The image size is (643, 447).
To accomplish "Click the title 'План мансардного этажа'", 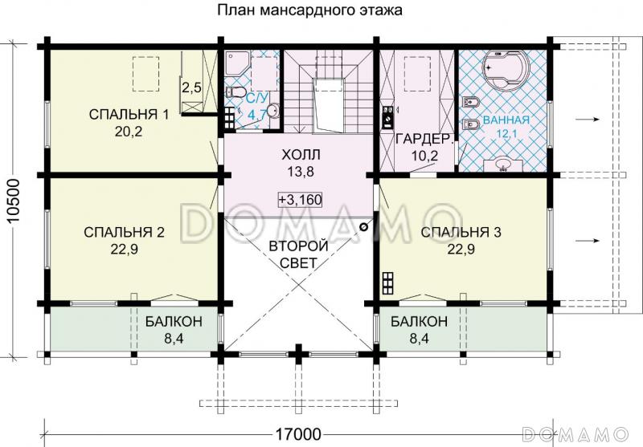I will pyautogui.click(x=309, y=11).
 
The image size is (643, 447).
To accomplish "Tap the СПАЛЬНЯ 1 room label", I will pyautogui.click(x=129, y=115).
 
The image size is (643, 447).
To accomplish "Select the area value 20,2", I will pyautogui.click(x=129, y=132).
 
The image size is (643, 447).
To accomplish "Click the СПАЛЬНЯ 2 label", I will pyautogui.click(x=124, y=232).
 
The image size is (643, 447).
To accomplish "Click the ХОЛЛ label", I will pyautogui.click(x=301, y=153).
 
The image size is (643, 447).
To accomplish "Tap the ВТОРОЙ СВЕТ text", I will pyautogui.click(x=298, y=254).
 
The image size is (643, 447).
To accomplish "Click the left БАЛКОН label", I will pyautogui.click(x=174, y=322).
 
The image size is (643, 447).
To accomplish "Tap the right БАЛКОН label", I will pyautogui.click(x=419, y=322).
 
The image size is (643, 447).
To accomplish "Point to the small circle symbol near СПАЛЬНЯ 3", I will pyautogui.click(x=363, y=227).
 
